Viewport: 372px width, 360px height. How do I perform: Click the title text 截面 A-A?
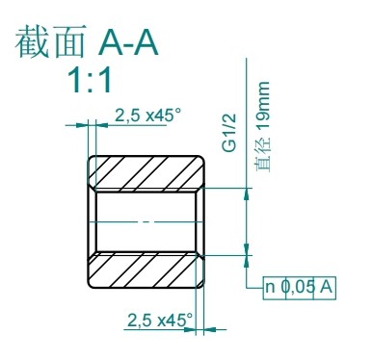coord(87,41)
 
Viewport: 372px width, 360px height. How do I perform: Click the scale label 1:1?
coord(91,81)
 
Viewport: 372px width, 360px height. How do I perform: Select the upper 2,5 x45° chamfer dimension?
coord(147,115)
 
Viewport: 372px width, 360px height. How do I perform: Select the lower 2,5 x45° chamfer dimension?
coord(160,320)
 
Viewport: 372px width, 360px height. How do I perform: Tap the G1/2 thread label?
coord(229,132)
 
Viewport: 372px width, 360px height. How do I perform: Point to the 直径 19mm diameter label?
coord(263,127)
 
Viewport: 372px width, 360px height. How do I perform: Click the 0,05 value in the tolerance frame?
coord(299,287)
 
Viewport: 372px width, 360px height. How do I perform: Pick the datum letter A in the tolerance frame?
coord(326,287)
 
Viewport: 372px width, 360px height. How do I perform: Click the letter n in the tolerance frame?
coord(270,287)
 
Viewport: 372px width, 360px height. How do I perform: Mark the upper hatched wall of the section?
coord(146,174)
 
